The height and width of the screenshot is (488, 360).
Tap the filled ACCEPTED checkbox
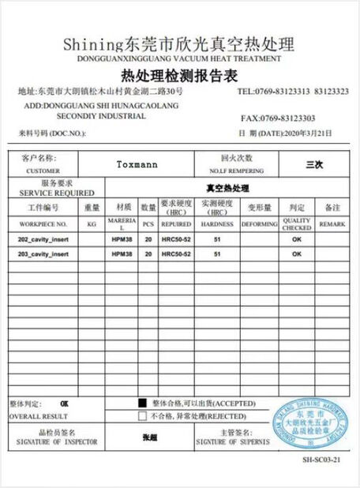pyautogui.click(x=143, y=401)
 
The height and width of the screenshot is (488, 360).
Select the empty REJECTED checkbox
pyautogui.click(x=143, y=415)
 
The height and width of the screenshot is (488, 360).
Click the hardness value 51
pyautogui.click(x=217, y=238)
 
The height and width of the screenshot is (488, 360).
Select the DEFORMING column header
pyautogui.click(x=259, y=223)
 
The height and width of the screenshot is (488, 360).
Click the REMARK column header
pyautogui.click(x=332, y=223)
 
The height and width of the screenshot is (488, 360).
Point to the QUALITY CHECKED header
pyautogui.click(x=297, y=224)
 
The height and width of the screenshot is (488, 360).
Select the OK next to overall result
pyautogui.click(x=65, y=403)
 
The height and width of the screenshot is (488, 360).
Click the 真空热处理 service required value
pyautogui.click(x=227, y=188)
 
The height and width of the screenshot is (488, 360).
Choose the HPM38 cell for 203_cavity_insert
pyautogui.click(x=121, y=253)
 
